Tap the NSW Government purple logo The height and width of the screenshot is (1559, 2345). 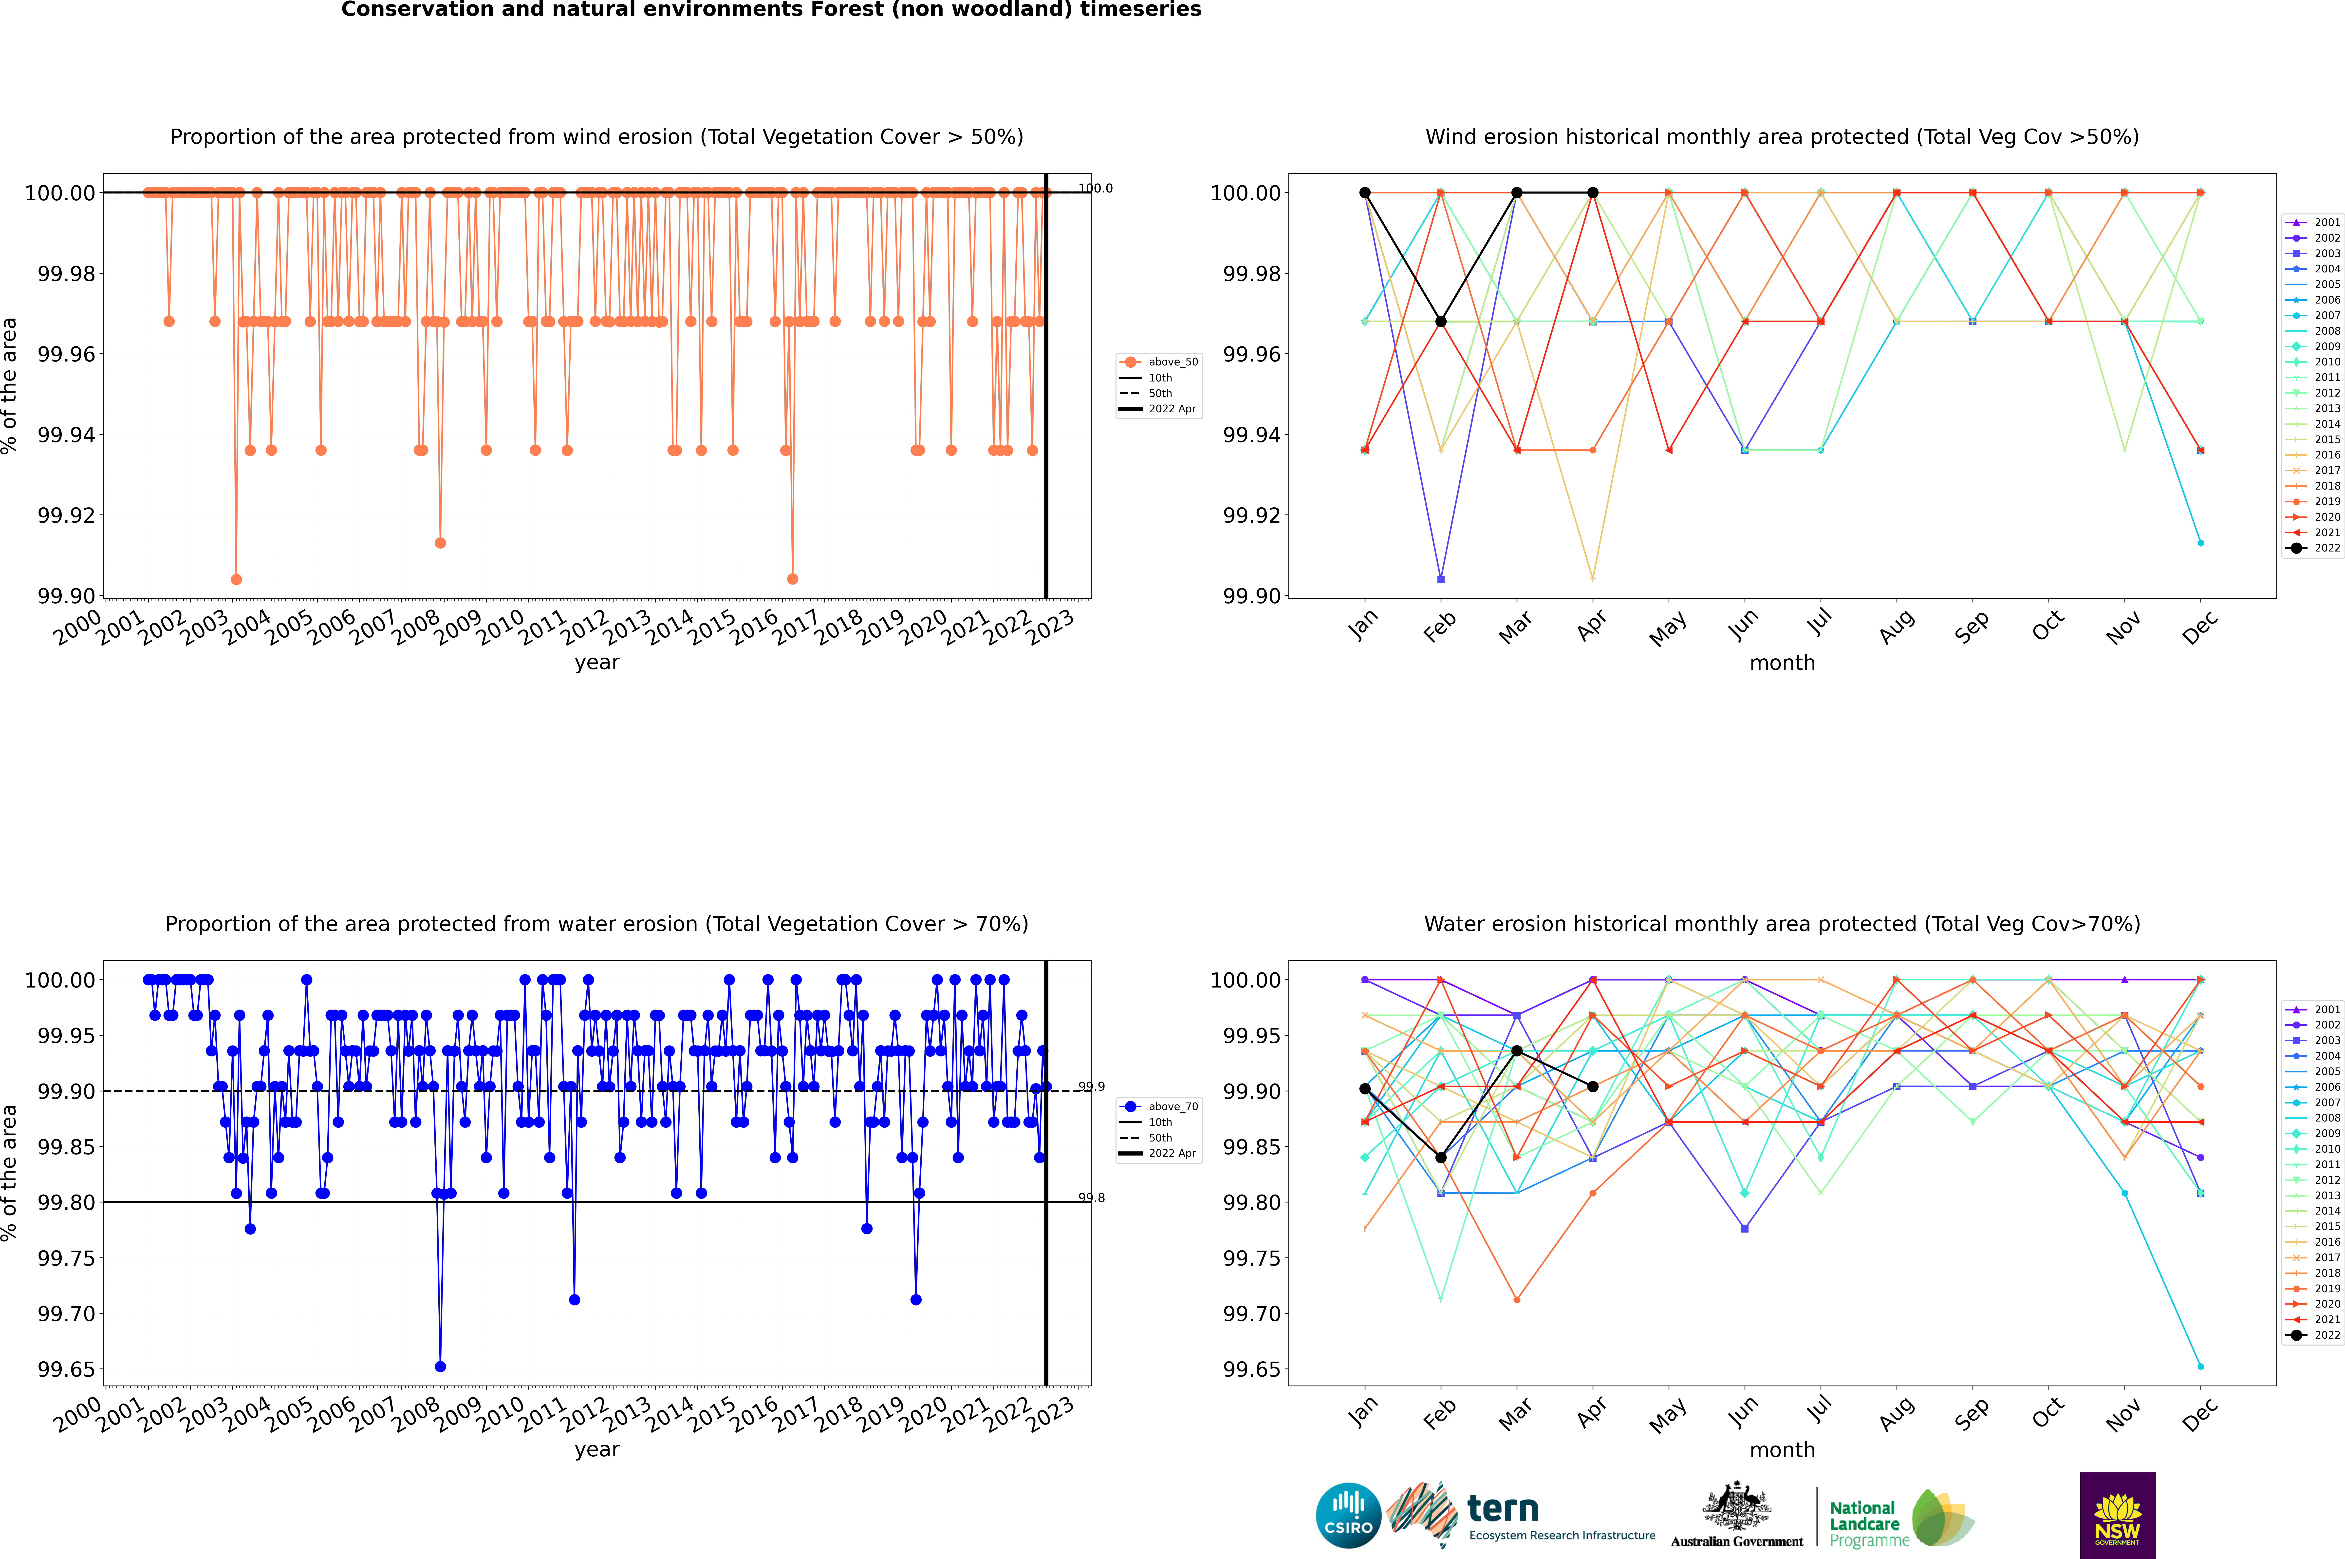(x=2117, y=1515)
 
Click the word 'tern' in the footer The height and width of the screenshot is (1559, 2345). (x=1503, y=1509)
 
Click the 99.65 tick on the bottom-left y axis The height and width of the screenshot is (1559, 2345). (x=67, y=1369)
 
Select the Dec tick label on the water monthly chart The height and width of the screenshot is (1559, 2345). (x=2200, y=1414)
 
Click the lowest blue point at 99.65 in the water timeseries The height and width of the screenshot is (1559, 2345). (x=440, y=1366)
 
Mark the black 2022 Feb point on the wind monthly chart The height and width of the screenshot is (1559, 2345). (x=1440, y=321)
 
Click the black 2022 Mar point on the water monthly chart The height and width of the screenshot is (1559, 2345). (x=1517, y=1051)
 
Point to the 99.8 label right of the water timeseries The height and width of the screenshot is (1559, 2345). (x=1092, y=1198)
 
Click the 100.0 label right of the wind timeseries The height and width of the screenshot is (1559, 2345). (x=1096, y=188)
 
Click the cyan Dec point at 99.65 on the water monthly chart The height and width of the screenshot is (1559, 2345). (x=2200, y=1366)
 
